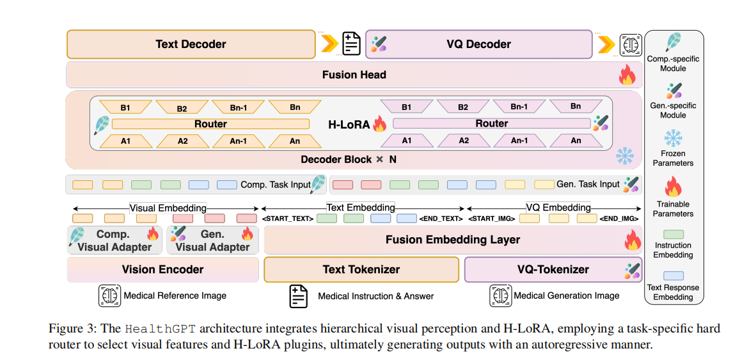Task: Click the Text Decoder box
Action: tap(191, 44)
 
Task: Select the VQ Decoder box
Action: tap(478, 44)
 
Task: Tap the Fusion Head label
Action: tap(354, 75)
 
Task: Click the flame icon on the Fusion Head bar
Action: tap(626, 75)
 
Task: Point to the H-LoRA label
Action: tap(348, 124)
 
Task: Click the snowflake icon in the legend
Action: tap(673, 137)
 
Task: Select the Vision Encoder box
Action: tap(162, 269)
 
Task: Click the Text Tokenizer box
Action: tap(361, 269)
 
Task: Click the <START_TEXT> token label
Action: tap(288, 219)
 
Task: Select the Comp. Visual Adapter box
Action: tap(114, 240)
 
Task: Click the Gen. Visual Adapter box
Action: tap(212, 240)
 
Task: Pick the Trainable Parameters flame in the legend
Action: tap(673, 188)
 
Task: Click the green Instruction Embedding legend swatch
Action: tap(673, 235)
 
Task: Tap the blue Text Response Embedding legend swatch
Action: tap(673, 276)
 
